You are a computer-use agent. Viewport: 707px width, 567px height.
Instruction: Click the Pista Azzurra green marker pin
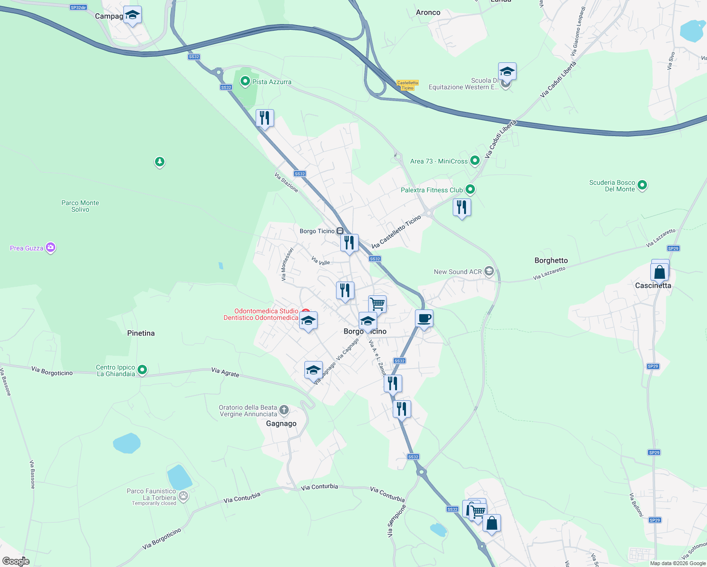245,81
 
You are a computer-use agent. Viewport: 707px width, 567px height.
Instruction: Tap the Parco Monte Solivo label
80,206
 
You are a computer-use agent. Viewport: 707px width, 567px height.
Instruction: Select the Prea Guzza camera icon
51,248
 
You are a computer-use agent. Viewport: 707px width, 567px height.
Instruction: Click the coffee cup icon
424,318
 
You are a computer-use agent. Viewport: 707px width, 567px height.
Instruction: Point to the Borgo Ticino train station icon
340,231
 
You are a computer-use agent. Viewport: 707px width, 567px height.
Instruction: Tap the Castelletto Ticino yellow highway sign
407,85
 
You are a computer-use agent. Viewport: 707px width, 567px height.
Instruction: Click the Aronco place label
428,13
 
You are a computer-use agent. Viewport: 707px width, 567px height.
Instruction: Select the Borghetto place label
551,260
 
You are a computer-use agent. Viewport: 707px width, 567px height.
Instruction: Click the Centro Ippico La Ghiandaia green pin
142,370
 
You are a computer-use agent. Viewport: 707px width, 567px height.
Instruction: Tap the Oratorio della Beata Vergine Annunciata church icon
284,410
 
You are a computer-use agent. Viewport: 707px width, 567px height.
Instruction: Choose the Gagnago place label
281,423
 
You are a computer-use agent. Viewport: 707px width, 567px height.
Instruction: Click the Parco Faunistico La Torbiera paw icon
183,496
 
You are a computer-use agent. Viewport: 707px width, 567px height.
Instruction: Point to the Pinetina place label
141,333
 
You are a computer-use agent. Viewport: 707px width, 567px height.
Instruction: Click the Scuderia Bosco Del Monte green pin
642,185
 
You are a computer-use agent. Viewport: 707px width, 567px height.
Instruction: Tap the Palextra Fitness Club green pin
470,189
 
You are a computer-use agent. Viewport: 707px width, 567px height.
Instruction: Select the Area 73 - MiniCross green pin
474,161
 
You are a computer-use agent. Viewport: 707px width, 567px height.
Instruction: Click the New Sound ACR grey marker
489,271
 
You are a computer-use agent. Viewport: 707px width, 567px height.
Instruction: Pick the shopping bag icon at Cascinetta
659,272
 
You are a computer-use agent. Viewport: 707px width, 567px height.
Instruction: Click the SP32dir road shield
78,8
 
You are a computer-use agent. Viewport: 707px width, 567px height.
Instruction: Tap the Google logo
16,561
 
